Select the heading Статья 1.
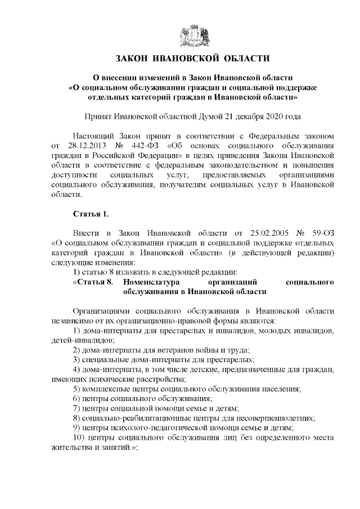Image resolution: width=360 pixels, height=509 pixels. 90,214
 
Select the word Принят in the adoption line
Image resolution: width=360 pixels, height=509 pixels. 97,116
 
